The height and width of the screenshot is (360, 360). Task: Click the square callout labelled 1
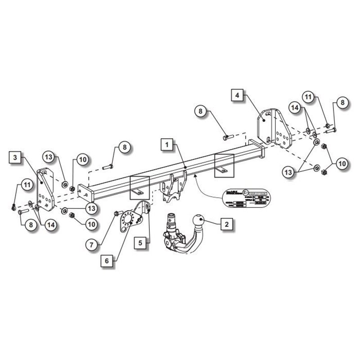point(167,144)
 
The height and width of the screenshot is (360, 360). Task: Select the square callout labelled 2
point(227,223)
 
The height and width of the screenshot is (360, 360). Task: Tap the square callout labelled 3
point(15,157)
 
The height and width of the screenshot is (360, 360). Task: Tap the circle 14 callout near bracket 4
point(295,108)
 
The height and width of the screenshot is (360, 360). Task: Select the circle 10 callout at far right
point(342,164)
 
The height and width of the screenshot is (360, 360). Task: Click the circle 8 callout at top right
point(342,103)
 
